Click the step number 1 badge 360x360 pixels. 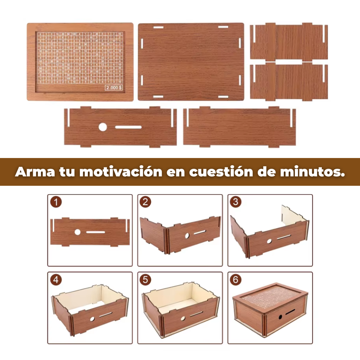[56, 202]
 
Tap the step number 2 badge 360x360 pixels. [145, 202]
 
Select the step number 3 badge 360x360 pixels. [235, 202]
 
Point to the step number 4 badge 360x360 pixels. [56, 280]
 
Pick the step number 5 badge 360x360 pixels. [145, 280]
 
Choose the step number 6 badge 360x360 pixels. [235, 280]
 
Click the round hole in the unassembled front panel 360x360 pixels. [103, 127]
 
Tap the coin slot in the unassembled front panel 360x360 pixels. [128, 127]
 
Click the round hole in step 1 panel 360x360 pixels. [77, 232]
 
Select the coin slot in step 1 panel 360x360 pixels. [96, 232]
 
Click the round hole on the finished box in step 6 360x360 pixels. [280, 317]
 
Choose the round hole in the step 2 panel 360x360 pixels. [187, 236]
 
